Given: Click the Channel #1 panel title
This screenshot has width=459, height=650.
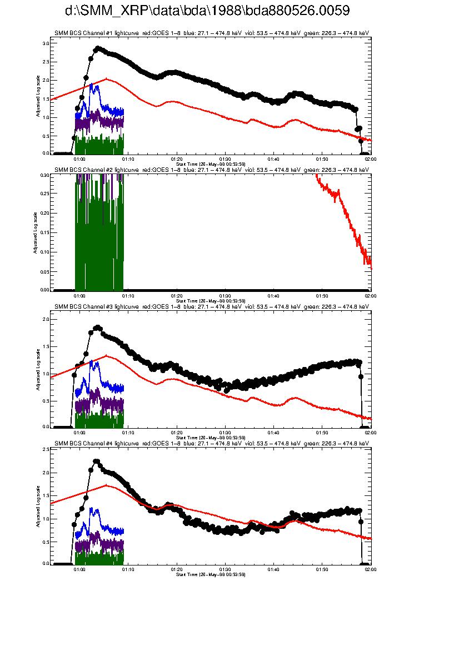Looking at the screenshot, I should tap(211, 33).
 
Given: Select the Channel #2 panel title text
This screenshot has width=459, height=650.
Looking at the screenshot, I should tap(211, 170).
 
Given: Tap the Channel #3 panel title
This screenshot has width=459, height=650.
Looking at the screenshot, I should tap(211, 306).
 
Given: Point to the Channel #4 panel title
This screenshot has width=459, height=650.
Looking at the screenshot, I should tap(211, 443).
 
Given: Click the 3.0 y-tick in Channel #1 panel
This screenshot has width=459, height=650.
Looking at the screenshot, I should tap(46, 43).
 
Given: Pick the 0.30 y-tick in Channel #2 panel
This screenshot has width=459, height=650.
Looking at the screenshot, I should tap(45, 175).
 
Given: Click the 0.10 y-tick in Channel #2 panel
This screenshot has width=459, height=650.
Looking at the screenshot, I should tap(45, 251).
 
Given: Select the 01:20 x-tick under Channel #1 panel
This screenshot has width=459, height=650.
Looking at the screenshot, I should tap(177, 158).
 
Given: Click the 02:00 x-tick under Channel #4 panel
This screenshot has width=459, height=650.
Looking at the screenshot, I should tap(370, 569).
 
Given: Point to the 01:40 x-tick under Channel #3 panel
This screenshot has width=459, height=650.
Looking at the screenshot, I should tap(273, 432).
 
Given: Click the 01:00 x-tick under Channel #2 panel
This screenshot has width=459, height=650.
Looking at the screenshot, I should tap(79, 295).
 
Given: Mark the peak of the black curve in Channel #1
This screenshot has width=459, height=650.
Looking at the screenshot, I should tap(98, 48).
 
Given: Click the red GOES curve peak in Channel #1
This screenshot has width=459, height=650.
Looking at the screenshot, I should tap(106, 79).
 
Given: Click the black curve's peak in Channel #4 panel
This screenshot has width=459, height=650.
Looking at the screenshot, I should tap(96, 462).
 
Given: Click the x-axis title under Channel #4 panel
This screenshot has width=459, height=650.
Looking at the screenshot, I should tap(211, 574).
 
